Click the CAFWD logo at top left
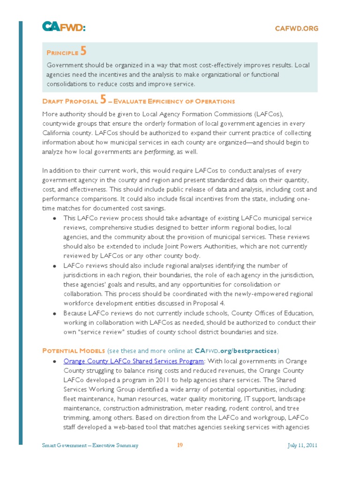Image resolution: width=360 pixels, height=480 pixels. pyautogui.click(x=63, y=28)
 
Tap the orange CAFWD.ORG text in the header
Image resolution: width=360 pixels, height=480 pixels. pyautogui.click(x=296, y=29)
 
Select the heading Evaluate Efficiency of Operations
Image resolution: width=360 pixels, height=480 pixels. pyautogui.click(x=174, y=101)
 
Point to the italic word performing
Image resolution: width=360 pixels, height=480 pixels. pyautogui.click(x=159, y=152)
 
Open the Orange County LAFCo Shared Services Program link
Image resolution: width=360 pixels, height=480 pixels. pyautogui.click(x=134, y=361)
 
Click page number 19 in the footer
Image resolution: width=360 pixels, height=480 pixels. pyautogui.click(x=180, y=445)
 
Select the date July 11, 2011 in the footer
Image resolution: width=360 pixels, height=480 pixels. pyautogui.click(x=302, y=445)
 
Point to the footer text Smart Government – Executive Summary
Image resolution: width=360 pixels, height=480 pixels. pyautogui.click(x=90, y=445)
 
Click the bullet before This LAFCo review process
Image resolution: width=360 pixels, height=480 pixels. pyautogui.click(x=55, y=219)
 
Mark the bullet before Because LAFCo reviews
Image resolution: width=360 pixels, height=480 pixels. pyautogui.click(x=55, y=313)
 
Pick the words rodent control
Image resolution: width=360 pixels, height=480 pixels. pyautogui.click(x=247, y=408)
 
